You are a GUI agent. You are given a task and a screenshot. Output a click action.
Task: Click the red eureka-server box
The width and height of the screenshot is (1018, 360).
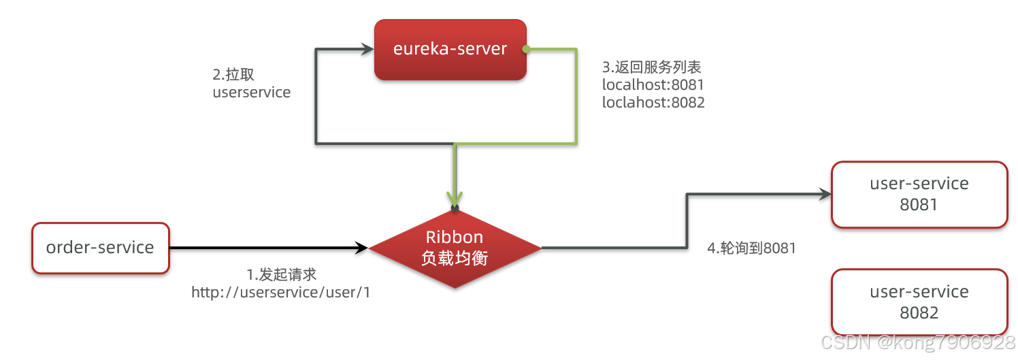450,50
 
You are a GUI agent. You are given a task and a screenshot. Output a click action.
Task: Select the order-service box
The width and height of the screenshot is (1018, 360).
100,248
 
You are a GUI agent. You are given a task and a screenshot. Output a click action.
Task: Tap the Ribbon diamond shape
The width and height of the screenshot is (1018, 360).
455,248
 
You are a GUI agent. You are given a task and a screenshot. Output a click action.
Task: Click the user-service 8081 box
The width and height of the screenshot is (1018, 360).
919,194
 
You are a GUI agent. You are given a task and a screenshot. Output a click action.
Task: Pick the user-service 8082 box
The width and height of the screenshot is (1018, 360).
919,302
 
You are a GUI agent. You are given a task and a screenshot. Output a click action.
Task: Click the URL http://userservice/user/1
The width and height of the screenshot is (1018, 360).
281,293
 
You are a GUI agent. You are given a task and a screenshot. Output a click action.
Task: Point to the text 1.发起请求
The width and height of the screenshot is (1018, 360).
281,275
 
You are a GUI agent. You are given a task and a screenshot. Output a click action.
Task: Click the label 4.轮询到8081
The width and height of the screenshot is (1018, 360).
751,248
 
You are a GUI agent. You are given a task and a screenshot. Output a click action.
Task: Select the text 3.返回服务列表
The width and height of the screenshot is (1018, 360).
651,67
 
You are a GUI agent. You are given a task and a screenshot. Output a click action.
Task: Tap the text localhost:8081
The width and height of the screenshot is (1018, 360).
653,85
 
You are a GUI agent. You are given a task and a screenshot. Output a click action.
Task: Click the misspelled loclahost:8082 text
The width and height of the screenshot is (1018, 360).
653,103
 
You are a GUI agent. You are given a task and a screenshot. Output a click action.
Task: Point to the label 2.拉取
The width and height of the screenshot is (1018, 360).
233,75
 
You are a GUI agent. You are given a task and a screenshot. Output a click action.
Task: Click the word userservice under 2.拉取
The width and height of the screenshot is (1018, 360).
252,93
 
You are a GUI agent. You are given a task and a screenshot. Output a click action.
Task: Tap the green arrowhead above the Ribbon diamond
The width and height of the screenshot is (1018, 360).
455,197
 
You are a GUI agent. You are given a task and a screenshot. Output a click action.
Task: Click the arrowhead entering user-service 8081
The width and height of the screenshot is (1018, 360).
825,194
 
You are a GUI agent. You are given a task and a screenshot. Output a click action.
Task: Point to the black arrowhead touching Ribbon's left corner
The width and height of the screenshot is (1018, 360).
361,248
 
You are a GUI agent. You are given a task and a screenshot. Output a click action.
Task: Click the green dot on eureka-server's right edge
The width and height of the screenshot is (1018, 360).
525,49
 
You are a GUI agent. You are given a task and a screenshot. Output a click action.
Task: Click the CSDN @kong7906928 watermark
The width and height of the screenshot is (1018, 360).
918,342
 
